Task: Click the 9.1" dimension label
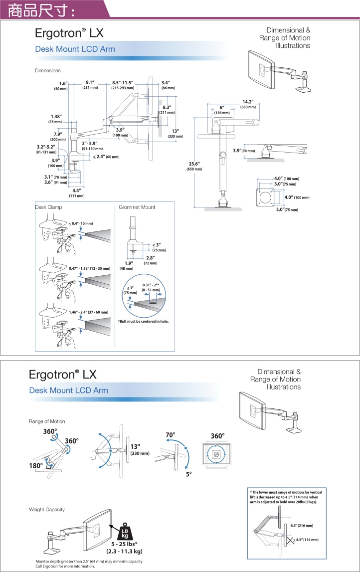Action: (x=90, y=82)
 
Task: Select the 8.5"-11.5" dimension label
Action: (x=123, y=82)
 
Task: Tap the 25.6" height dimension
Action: (x=194, y=164)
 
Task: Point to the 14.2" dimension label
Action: (x=248, y=102)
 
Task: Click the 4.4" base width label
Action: (x=77, y=191)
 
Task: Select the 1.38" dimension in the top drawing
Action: (x=56, y=116)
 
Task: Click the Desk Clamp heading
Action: (x=48, y=207)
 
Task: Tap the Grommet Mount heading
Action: (x=137, y=207)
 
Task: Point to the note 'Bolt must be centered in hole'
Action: (x=143, y=321)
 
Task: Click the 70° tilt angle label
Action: (x=171, y=435)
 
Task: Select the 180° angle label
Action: (x=36, y=466)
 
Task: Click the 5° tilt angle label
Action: (x=188, y=474)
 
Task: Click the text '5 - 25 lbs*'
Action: (x=124, y=544)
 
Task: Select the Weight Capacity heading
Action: (x=47, y=509)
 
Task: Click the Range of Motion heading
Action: (x=47, y=421)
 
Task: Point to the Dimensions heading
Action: (x=48, y=70)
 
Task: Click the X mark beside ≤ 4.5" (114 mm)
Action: (x=291, y=540)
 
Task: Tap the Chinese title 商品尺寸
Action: (x=40, y=10)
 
